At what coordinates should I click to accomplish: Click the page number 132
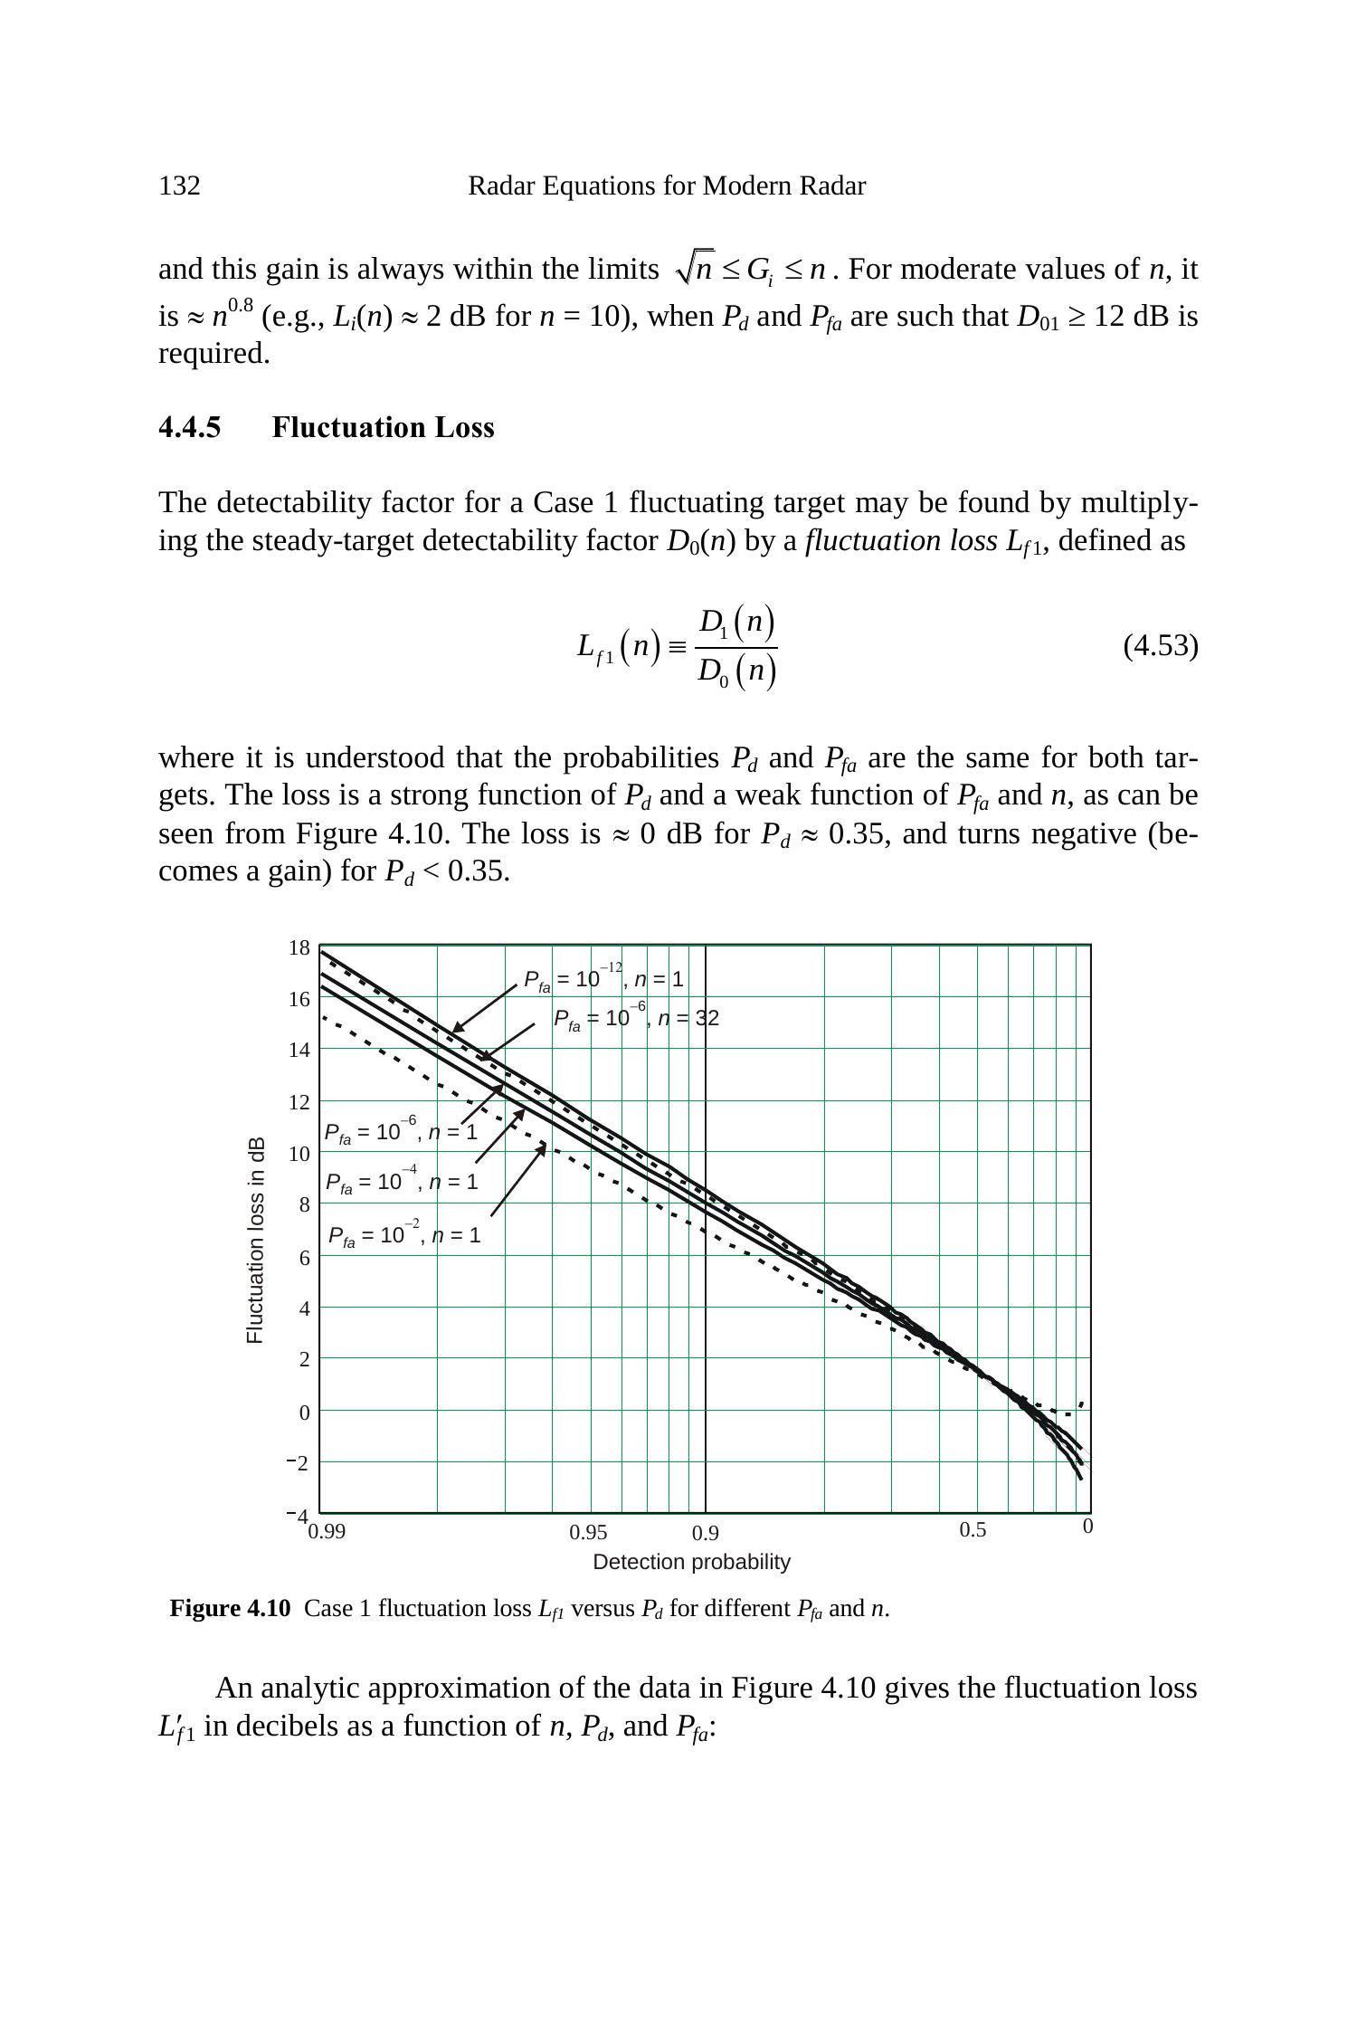tap(179, 186)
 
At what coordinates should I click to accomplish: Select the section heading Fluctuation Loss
tap(383, 428)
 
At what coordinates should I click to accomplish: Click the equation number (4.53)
tap(1160, 646)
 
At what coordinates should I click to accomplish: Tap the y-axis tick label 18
tap(299, 948)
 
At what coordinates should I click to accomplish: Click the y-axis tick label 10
tap(299, 1154)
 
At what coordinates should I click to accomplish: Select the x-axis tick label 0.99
tap(327, 1531)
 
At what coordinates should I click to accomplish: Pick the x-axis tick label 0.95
tap(588, 1533)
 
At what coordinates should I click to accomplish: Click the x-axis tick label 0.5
tap(973, 1530)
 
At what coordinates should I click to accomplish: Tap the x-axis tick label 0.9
tap(706, 1534)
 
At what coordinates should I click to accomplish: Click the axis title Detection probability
tap(691, 1563)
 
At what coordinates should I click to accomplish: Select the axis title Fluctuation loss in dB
tap(255, 1240)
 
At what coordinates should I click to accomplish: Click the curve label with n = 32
tap(636, 1019)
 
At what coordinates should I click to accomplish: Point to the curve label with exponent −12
tap(603, 980)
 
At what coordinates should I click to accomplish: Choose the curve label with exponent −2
tap(404, 1236)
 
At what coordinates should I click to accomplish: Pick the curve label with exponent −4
tap(402, 1183)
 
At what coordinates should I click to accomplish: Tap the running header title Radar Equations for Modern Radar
tap(667, 186)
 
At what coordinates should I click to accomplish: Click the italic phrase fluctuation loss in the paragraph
tap(901, 541)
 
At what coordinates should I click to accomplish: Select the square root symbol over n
tap(695, 268)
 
